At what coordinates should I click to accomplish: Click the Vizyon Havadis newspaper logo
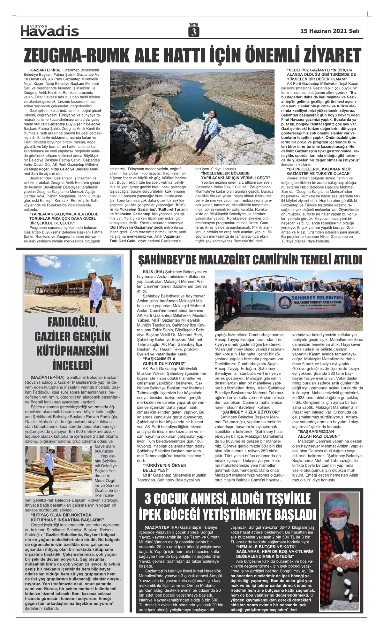(x=49, y=30)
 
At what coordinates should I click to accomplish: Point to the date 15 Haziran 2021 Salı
(x=329, y=31)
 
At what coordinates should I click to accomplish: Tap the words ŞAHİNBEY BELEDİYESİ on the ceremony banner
(x=317, y=297)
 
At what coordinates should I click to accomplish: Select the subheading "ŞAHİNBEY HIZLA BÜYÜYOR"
(x=250, y=412)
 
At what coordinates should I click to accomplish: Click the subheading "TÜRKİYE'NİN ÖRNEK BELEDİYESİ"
(x=164, y=468)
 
